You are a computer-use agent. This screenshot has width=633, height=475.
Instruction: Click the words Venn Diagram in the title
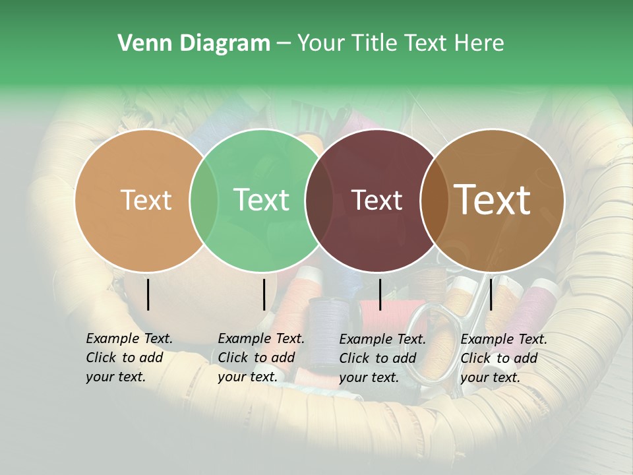194,44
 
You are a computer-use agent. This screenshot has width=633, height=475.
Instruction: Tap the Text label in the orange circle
146,200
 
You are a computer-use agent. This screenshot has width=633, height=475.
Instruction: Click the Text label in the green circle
261,200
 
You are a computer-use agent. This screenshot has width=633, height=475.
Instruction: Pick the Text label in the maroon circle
377,200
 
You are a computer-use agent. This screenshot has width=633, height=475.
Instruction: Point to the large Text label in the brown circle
493,200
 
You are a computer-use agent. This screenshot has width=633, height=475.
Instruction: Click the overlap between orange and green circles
204,200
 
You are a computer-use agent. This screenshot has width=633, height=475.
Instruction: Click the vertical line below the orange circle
148,294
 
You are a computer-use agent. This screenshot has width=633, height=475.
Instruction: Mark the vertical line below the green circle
264,294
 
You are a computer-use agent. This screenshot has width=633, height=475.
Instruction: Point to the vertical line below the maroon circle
380,294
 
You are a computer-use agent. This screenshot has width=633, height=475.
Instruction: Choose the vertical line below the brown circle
491,294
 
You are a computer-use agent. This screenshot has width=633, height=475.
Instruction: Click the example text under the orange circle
129,358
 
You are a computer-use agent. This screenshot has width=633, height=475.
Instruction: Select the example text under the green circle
261,358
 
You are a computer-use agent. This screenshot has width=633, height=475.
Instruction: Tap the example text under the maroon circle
382,358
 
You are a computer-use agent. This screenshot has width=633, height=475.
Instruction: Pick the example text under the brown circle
504,358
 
